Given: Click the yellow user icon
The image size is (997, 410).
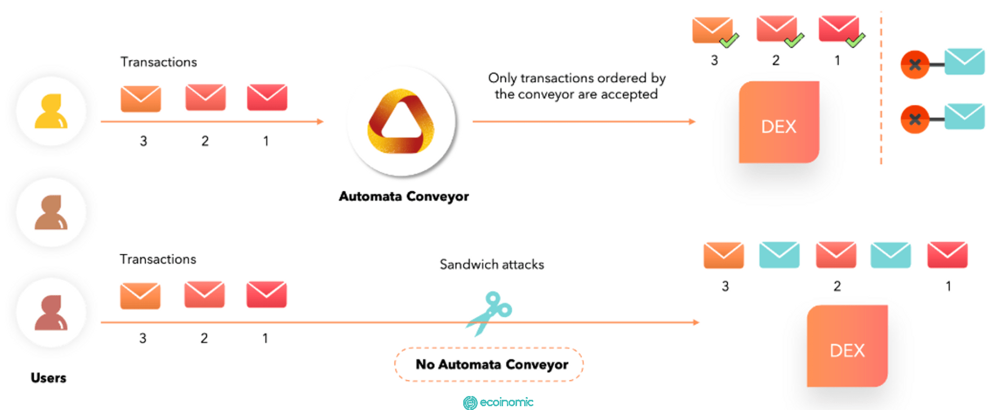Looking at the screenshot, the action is (x=51, y=111).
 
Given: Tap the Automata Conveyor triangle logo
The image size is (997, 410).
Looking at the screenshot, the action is (x=401, y=121).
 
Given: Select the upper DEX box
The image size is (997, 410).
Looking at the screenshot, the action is (x=779, y=122).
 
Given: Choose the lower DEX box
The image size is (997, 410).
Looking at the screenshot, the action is (x=847, y=346).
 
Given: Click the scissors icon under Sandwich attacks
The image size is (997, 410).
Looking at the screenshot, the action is (x=490, y=313).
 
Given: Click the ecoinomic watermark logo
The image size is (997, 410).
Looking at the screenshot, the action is (x=498, y=402).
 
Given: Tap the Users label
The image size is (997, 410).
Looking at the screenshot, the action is (x=49, y=378).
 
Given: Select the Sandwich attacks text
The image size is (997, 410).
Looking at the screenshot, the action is (x=492, y=265).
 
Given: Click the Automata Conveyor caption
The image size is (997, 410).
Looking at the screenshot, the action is (x=404, y=196).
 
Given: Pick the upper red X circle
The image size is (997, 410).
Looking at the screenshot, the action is (x=915, y=65).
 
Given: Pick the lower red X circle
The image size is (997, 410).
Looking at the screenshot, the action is (x=915, y=119).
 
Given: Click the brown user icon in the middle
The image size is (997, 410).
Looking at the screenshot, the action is (x=51, y=212).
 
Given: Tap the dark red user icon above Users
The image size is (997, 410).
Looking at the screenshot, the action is (x=51, y=312).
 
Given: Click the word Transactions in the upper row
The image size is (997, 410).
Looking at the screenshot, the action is (x=159, y=62).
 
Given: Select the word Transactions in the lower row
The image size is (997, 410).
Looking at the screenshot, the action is (x=158, y=259).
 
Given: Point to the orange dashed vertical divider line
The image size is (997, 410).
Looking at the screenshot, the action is (x=881, y=87).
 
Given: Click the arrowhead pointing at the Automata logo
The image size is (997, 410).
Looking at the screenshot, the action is (x=320, y=122).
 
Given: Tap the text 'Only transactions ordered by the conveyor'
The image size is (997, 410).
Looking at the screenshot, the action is (x=577, y=86).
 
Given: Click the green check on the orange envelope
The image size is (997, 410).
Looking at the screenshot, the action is (x=729, y=40).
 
